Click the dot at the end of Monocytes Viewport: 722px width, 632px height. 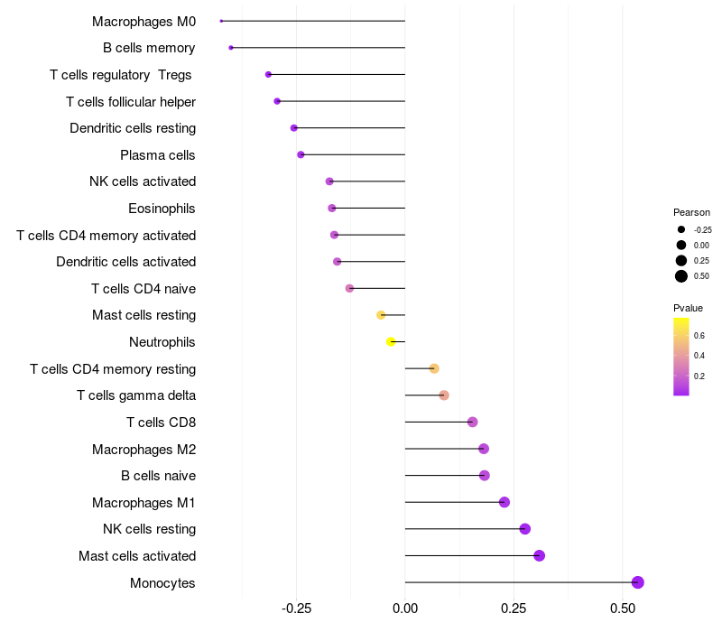(637, 582)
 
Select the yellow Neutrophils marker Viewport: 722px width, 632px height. (391, 342)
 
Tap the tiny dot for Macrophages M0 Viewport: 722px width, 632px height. (221, 21)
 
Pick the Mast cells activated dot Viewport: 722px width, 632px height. (539, 555)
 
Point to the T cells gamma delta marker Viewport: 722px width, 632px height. (443, 395)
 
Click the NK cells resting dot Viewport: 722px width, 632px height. (524, 529)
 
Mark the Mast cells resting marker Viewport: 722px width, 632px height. (381, 315)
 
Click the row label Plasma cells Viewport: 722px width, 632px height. (157, 155)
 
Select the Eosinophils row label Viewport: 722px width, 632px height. (162, 209)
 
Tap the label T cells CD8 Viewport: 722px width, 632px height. (161, 423)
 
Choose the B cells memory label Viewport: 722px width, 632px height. (149, 48)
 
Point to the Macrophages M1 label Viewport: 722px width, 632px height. (143, 503)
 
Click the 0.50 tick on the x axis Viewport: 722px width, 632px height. (623, 609)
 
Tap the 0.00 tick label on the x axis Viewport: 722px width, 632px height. (405, 609)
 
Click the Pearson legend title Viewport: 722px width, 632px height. (691, 212)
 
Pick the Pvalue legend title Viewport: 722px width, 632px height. (688, 308)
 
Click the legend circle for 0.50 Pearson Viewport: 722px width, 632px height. (681, 276)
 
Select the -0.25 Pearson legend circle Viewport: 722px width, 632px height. (681, 229)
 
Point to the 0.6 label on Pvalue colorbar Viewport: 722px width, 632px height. (699, 335)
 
